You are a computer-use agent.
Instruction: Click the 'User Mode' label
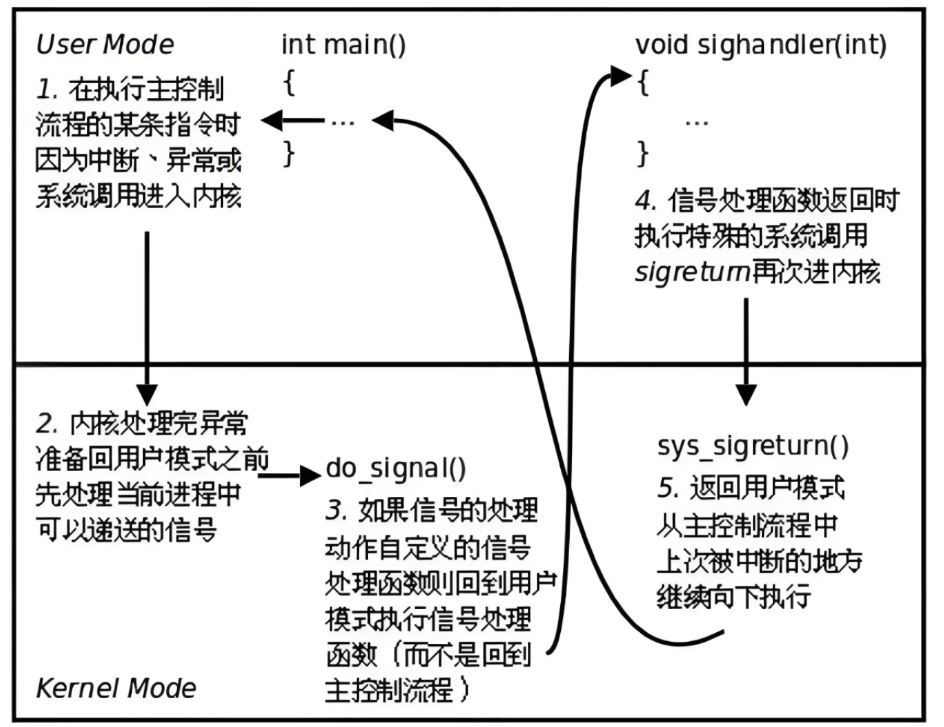(105, 45)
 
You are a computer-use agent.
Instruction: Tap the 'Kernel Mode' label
(116, 688)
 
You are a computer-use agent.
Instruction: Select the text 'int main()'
(343, 45)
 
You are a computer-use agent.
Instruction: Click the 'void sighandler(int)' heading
(761, 45)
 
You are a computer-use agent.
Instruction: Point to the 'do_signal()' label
(396, 469)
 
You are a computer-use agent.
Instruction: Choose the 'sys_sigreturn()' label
(752, 446)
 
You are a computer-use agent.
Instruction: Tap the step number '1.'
(47, 89)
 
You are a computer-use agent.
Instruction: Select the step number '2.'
(47, 424)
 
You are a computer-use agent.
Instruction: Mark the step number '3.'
(336, 511)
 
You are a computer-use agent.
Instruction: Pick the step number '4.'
(646, 201)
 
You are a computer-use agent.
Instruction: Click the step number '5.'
(668, 488)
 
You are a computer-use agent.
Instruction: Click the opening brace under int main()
(290, 83)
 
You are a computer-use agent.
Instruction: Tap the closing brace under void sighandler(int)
(643, 152)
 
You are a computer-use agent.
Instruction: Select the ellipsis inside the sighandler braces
(696, 123)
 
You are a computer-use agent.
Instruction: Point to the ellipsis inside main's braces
(343, 122)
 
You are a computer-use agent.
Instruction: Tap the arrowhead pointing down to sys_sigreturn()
(746, 394)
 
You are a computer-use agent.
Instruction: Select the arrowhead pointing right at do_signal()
(310, 474)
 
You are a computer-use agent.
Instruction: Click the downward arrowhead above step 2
(147, 394)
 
